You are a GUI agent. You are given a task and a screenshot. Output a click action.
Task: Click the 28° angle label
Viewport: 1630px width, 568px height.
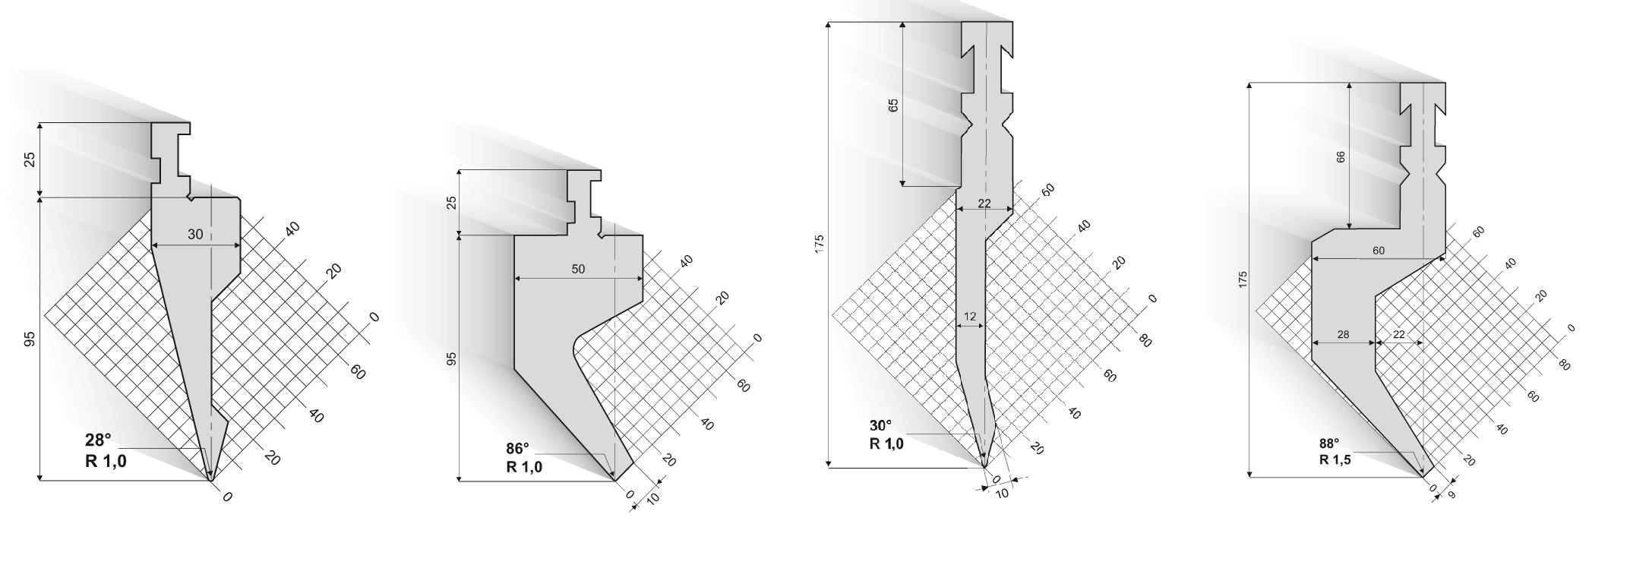[97, 440]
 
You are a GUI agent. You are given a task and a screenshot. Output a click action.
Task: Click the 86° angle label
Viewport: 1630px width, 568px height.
[520, 448]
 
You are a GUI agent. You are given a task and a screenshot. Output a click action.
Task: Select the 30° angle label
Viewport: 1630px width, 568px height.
[882, 425]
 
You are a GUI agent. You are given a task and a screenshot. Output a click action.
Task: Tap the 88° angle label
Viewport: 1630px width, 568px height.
[1330, 443]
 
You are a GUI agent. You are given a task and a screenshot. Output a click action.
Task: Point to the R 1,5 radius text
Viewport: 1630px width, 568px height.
[1335, 459]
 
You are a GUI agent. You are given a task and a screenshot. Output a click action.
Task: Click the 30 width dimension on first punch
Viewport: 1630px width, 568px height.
[195, 235]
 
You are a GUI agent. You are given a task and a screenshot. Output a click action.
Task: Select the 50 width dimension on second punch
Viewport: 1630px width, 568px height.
[579, 269]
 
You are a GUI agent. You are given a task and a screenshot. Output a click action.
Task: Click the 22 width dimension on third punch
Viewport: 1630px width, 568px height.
[984, 203]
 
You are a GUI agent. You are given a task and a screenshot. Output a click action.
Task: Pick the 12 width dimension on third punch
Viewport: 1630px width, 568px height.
[970, 316]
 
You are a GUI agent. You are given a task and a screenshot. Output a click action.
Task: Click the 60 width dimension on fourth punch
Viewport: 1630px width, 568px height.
[1379, 251]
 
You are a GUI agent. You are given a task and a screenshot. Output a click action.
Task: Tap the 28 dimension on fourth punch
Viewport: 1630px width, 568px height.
[1343, 334]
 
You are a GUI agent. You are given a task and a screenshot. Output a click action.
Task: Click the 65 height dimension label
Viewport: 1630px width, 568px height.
[893, 106]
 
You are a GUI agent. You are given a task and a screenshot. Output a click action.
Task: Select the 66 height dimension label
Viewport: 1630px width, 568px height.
[1341, 156]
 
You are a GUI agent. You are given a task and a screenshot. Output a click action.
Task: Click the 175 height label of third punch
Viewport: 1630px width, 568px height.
[820, 245]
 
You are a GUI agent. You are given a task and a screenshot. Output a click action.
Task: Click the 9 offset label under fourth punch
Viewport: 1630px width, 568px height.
[1452, 494]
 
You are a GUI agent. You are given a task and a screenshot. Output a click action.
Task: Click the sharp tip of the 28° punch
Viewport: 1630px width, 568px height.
[211, 479]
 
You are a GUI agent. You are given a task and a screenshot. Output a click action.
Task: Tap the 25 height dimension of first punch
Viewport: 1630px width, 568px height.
[30, 159]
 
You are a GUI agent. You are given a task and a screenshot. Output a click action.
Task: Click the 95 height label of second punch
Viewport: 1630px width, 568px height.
[451, 358]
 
